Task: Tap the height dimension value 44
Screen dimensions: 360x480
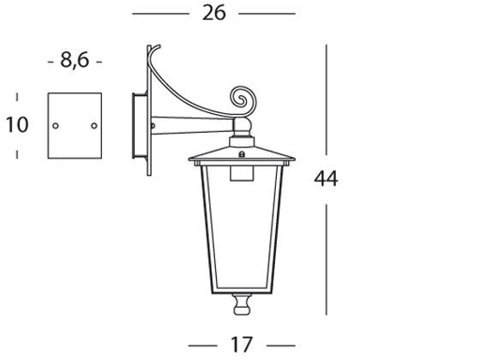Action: (326, 178)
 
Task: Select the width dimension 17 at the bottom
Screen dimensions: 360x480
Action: (242, 345)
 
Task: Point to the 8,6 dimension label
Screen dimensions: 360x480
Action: (75, 61)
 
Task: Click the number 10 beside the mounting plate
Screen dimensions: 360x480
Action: (17, 124)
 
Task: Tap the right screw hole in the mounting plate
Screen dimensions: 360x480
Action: (92, 125)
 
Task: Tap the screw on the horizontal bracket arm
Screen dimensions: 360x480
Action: (153, 125)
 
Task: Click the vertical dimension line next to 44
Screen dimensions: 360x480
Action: (326, 103)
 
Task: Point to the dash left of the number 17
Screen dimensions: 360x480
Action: (202, 345)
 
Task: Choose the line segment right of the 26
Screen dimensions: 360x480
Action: (266, 15)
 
